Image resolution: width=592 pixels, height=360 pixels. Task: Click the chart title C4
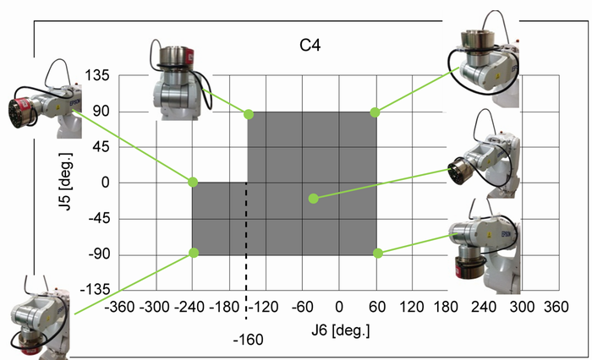[310, 46]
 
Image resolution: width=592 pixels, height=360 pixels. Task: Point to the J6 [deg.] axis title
[341, 330]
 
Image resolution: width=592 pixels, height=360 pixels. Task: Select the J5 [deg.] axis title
[66, 182]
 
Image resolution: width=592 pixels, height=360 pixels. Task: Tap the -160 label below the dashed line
[248, 340]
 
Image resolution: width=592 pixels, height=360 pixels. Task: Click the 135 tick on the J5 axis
[97, 75]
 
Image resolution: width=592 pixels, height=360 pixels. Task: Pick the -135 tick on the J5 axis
[95, 290]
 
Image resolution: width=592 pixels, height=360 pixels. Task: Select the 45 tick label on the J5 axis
[101, 147]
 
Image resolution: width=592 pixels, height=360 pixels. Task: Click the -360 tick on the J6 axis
[120, 307]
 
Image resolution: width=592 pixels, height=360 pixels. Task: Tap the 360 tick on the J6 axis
[556, 307]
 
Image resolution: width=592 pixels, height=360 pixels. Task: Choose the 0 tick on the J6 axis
[339, 307]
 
